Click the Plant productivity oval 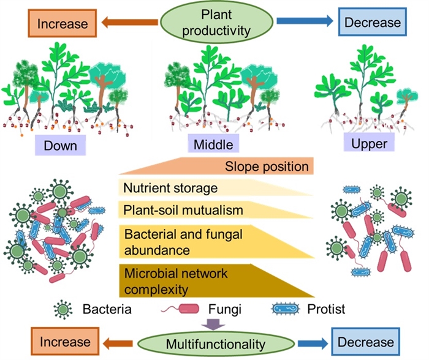[214, 21]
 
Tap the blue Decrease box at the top [373, 23]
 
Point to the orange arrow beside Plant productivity [123, 23]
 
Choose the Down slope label [60, 145]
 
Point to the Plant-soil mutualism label [175, 210]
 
